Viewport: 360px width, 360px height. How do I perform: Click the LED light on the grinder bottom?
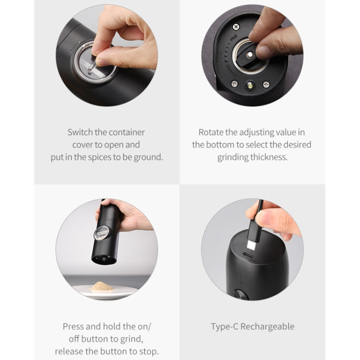pyautogui.click(x=250, y=86)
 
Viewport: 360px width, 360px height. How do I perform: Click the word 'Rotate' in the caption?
pyautogui.click(x=211, y=132)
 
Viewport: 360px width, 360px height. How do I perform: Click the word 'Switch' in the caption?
pyautogui.click(x=79, y=132)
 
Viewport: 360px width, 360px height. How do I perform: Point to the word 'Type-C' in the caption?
pyautogui.click(x=224, y=327)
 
